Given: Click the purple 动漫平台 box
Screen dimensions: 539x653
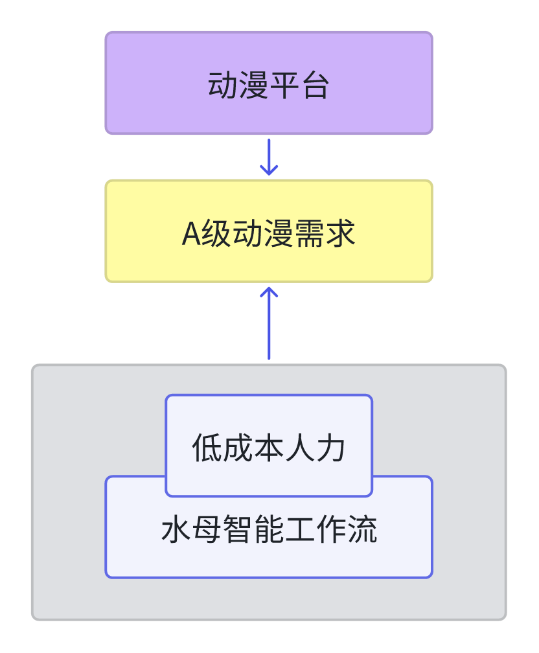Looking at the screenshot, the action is [x=269, y=83].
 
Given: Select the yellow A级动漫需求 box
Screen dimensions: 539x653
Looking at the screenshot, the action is [x=269, y=231].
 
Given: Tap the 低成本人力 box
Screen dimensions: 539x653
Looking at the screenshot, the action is [x=269, y=446].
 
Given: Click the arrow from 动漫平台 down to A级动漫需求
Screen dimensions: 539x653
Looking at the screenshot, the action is [x=269, y=157].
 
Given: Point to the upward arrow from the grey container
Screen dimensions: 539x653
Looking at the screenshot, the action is [x=269, y=323].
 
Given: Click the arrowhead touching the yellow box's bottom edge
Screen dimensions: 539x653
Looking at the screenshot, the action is [x=269, y=292].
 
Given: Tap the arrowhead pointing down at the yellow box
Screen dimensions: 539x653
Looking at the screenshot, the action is [x=269, y=170].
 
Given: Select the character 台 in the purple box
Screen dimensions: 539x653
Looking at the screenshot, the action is [x=315, y=85].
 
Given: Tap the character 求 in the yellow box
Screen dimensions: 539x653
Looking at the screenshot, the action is [x=341, y=233].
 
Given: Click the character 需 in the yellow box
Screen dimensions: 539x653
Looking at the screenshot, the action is [x=310, y=233].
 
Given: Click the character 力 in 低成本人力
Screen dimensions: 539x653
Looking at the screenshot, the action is [x=331, y=448].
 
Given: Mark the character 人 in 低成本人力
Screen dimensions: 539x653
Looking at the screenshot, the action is [x=300, y=448].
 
